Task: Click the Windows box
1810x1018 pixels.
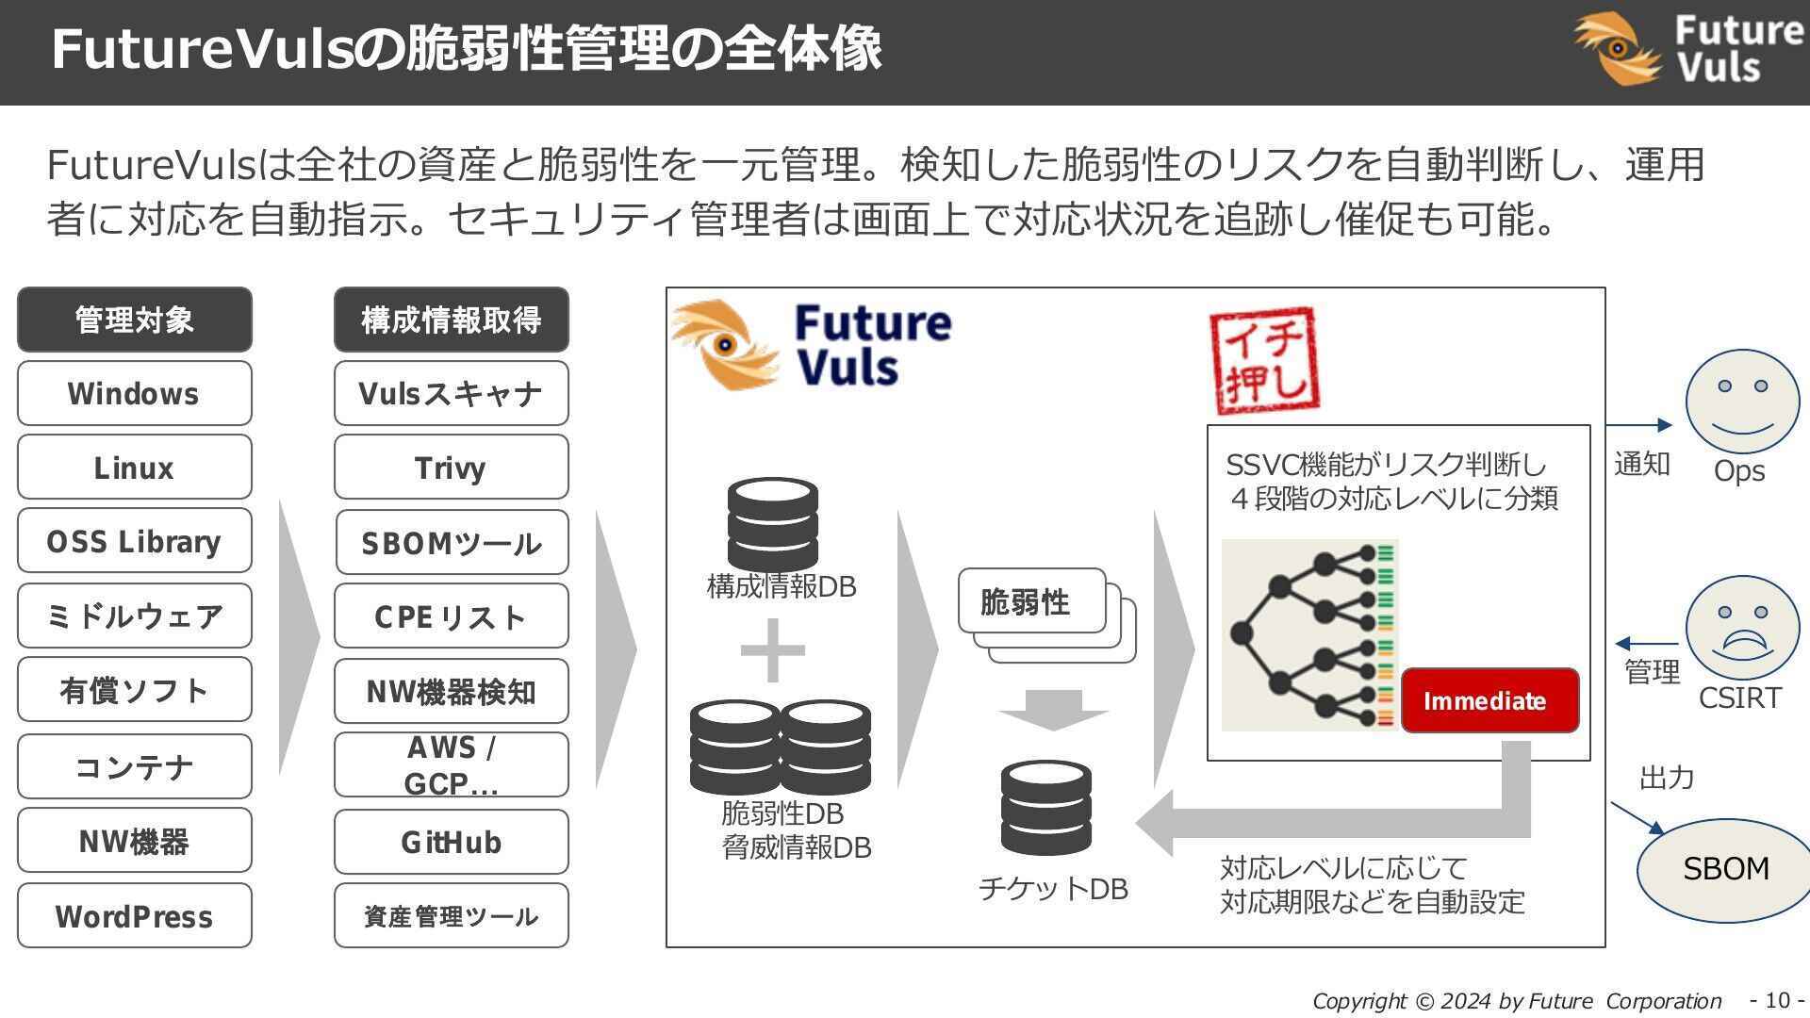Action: [x=134, y=393]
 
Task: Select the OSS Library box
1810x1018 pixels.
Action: [x=134, y=541]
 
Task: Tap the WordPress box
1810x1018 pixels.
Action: [x=134, y=915]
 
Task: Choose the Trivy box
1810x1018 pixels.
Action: [x=451, y=468]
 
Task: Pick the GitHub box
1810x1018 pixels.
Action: [x=451, y=842]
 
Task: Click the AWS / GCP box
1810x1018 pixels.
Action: [x=451, y=765]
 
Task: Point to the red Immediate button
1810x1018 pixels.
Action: [x=1489, y=700]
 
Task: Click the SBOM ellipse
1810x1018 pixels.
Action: [x=1725, y=869]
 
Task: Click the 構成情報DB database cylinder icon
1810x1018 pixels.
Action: [x=772, y=524]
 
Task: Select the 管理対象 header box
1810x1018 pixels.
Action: [x=134, y=320]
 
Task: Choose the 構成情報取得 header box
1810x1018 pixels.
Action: [x=451, y=320]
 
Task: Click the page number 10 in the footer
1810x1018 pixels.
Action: [x=1777, y=1000]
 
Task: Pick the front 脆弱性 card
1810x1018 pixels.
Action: [x=1031, y=601]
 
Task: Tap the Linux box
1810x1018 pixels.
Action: [x=134, y=468]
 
